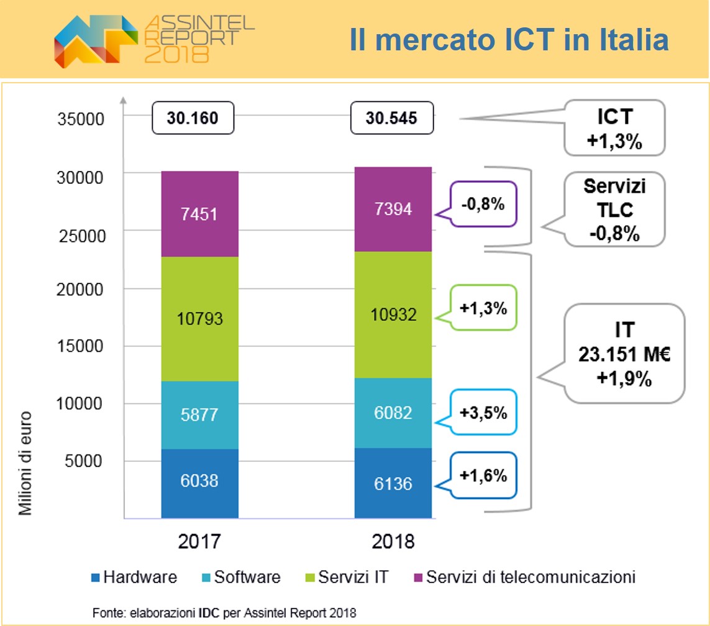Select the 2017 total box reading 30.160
(193, 117)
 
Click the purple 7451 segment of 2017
(199, 214)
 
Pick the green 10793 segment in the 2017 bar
(199, 319)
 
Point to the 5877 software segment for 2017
(199, 415)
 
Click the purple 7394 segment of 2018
(393, 209)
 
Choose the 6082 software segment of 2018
(393, 413)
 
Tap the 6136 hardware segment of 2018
(393, 482)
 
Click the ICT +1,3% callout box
(614, 127)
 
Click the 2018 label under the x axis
(393, 541)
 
